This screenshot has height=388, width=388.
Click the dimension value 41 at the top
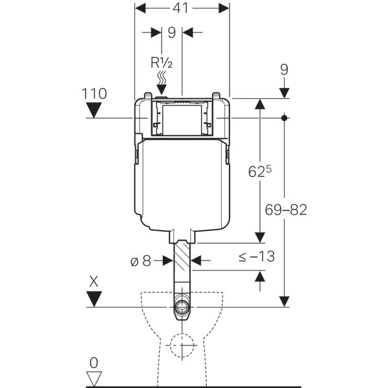[x=182, y=9]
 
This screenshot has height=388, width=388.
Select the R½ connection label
[x=160, y=63]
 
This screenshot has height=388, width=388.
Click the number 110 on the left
[x=94, y=94]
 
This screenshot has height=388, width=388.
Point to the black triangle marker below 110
[x=94, y=111]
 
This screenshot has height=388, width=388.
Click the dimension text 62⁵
[x=259, y=171]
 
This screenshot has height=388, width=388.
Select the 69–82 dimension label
[x=285, y=210]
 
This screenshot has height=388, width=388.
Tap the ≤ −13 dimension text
[x=256, y=257]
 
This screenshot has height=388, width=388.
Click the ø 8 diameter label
[x=140, y=261]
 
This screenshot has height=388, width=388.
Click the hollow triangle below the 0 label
[x=94, y=377]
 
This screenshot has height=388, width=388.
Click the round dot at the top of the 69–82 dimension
[x=285, y=118]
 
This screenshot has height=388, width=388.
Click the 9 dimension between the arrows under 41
[x=171, y=32]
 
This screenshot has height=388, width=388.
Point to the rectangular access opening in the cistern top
[x=182, y=120]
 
